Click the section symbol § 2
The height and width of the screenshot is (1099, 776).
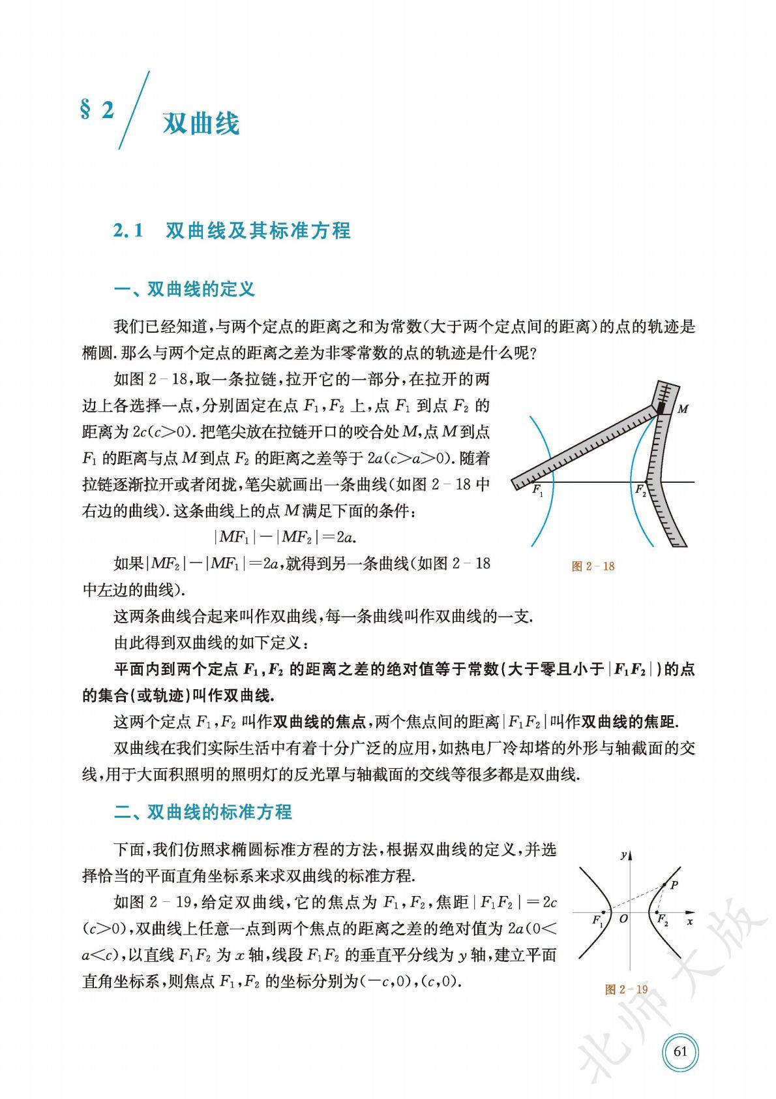pyautogui.click(x=97, y=110)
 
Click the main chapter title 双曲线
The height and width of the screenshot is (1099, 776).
pyautogui.click(x=201, y=123)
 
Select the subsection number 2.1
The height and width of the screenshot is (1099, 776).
pyautogui.click(x=128, y=230)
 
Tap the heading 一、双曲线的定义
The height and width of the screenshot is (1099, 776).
pyautogui.click(x=184, y=289)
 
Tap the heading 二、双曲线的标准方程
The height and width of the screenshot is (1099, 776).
pyautogui.click(x=203, y=812)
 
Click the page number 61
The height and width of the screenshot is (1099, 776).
pyautogui.click(x=680, y=1051)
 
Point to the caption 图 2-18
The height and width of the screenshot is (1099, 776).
pyautogui.click(x=592, y=566)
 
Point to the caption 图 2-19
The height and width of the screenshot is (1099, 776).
pyautogui.click(x=626, y=989)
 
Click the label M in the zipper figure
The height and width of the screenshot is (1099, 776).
pyautogui.click(x=683, y=410)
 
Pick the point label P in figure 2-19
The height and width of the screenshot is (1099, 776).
pyautogui.click(x=674, y=885)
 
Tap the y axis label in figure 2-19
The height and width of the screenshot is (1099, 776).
pyautogui.click(x=624, y=854)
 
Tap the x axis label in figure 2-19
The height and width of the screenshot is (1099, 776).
pyautogui.click(x=689, y=921)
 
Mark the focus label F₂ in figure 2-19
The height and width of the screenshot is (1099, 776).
pyautogui.click(x=662, y=921)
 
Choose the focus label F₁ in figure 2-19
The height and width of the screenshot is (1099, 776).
pyautogui.click(x=597, y=921)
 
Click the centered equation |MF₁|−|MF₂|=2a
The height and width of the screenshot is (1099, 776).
pyautogui.click(x=288, y=537)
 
